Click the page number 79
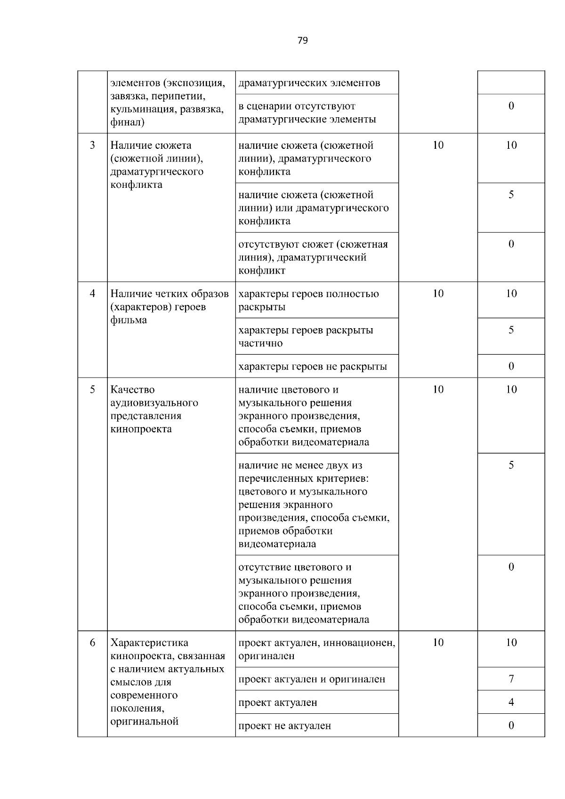303,40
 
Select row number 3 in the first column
92,145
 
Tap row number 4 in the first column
92,294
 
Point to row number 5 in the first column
92,389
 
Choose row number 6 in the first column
92,643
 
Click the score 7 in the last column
511,679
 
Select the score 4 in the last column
511,702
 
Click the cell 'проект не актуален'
285,726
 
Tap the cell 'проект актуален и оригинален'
312,679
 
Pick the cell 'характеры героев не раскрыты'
313,366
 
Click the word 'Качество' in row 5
132,390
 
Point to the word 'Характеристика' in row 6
149,643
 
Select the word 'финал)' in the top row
128,122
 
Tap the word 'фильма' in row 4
129,320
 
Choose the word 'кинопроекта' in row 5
141,429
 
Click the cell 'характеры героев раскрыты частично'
306,336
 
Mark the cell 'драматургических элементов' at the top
309,83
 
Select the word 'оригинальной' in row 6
144,721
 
